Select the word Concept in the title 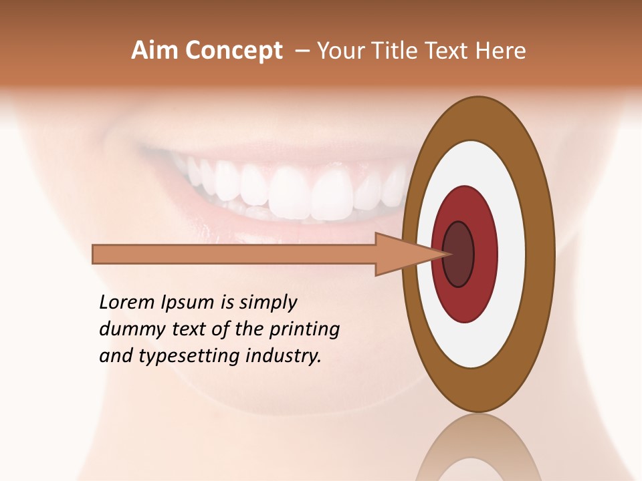point(233,51)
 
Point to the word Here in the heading point(501,51)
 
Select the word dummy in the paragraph point(129,329)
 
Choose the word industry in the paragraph point(284,356)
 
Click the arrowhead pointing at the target point(401,255)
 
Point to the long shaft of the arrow point(234,255)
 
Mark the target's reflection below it point(479,448)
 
